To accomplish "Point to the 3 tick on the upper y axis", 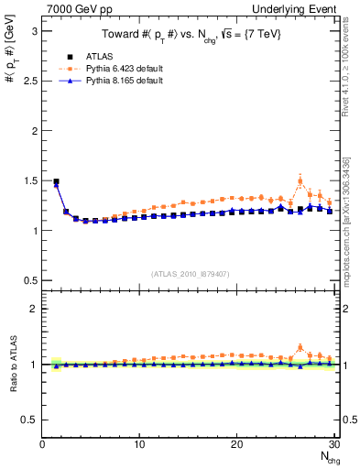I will click(34, 31).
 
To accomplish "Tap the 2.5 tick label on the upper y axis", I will click(29, 81).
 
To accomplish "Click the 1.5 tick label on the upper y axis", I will click(29, 180).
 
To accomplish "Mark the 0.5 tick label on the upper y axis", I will click(29, 280).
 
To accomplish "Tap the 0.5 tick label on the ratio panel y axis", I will click(29, 420).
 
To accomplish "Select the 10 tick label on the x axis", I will click(139, 444).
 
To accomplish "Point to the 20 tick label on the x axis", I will click(236, 444).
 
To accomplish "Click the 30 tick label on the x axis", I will click(333, 444).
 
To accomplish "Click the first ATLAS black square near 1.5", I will click(57, 181).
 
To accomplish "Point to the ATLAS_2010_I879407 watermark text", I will click(189, 272).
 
